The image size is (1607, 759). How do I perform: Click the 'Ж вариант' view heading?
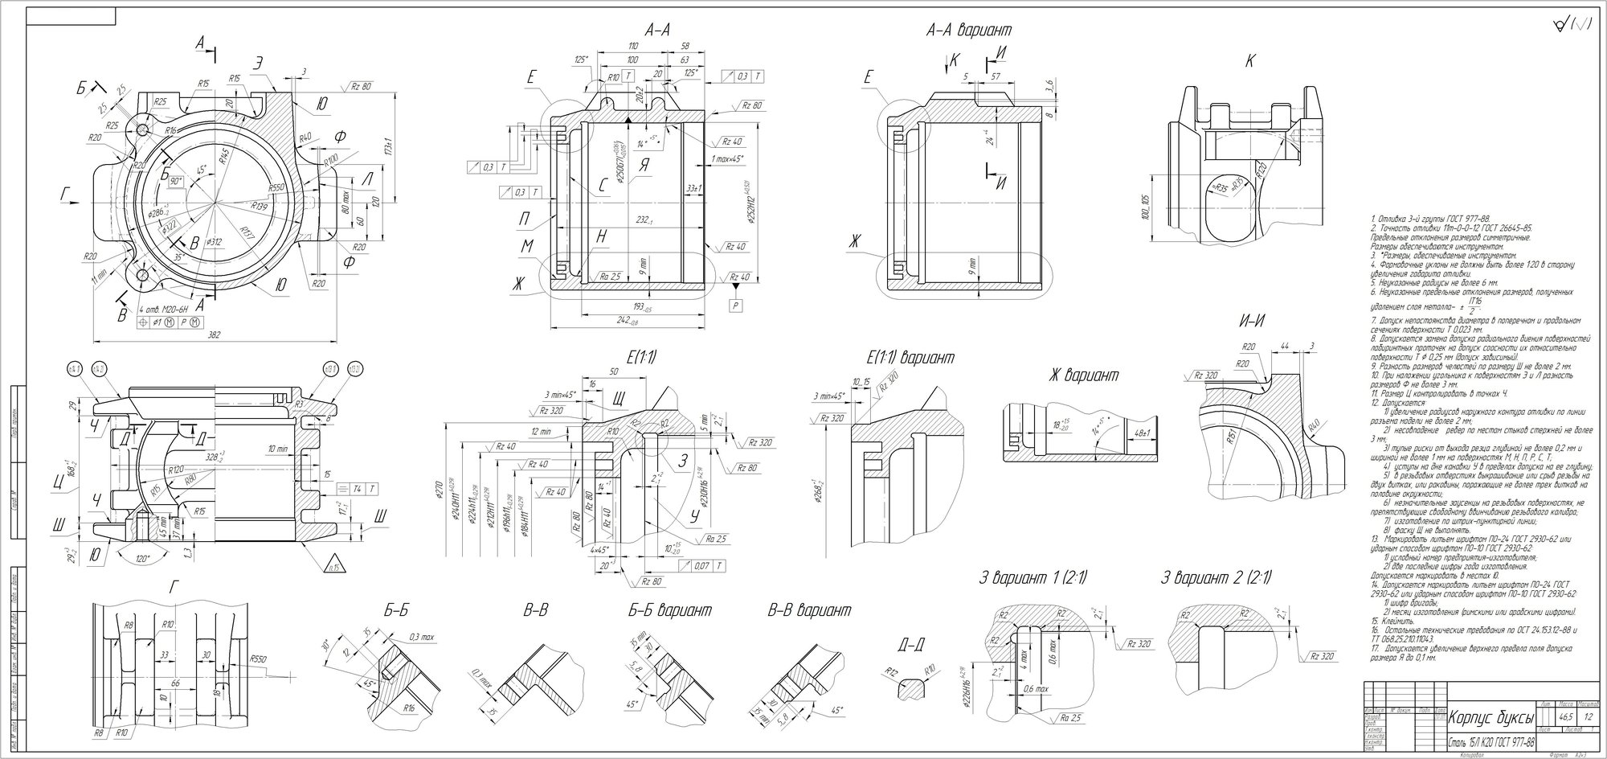pos(1082,375)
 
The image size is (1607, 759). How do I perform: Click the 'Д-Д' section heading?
pos(914,645)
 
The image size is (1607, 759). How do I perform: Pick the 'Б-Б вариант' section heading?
pos(669,611)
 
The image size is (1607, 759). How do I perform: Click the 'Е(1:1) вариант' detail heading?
pos(910,357)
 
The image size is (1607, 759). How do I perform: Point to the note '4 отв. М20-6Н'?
pos(163,308)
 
